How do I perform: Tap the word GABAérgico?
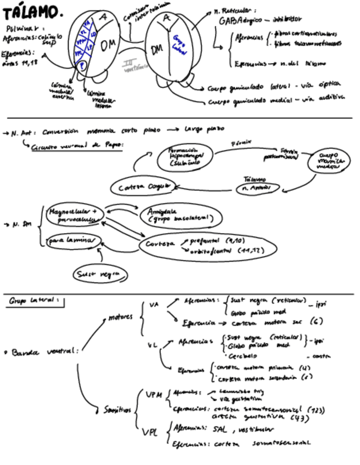click(235, 20)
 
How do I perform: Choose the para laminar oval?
click(72, 240)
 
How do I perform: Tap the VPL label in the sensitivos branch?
click(150, 433)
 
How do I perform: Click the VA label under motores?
click(154, 304)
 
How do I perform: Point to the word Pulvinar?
click(25, 28)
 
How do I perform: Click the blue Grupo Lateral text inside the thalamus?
click(179, 43)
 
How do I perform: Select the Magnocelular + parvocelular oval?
click(74, 215)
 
